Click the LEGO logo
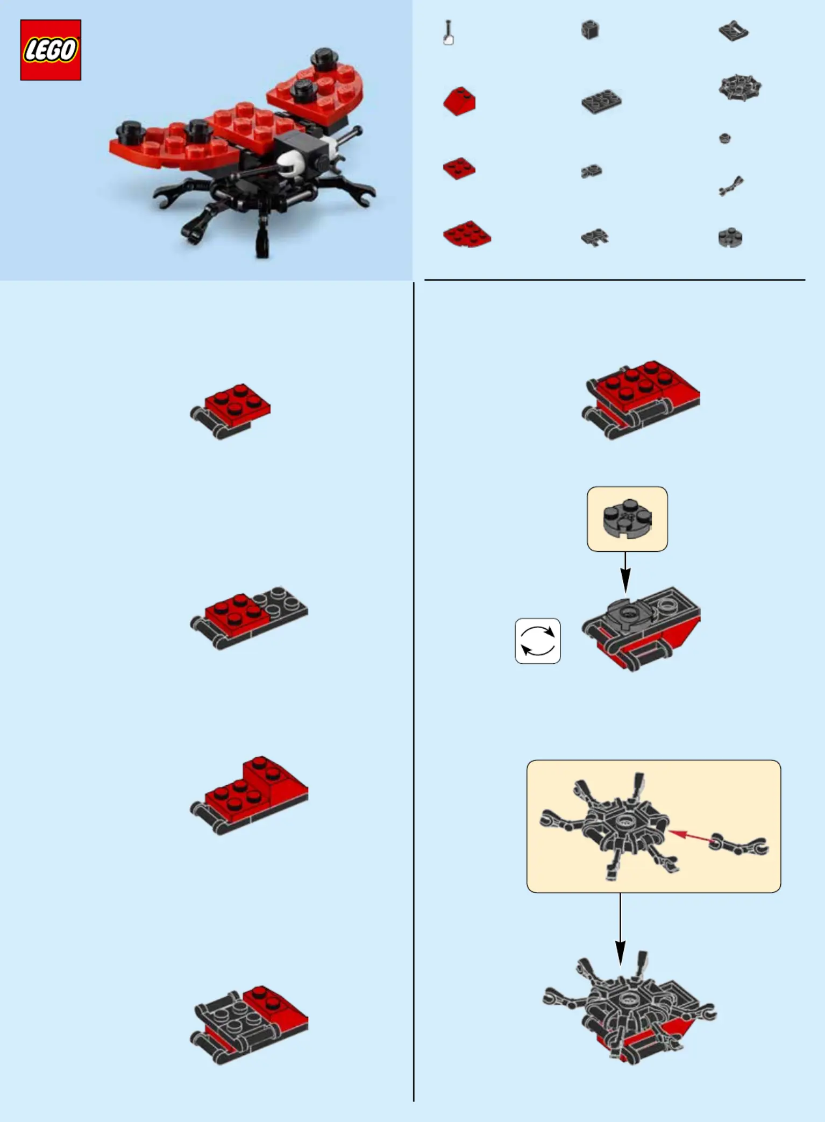tap(51, 50)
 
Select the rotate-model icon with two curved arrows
tap(538, 641)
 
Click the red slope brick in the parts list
tap(459, 101)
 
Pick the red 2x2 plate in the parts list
tap(459, 168)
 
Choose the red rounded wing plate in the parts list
tap(467, 233)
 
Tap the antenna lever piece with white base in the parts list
tap(448, 33)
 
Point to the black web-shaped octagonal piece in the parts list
tap(740, 88)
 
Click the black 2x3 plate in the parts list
tap(601, 101)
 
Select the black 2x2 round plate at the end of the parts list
tap(730, 237)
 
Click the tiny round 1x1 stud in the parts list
tap(725, 138)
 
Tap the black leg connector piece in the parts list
tap(731, 186)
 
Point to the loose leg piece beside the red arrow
tap(738, 844)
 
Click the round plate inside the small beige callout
tap(627, 519)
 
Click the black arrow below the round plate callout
tap(625, 572)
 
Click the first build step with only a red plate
tap(230, 411)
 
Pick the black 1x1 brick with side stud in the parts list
tap(590, 30)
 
